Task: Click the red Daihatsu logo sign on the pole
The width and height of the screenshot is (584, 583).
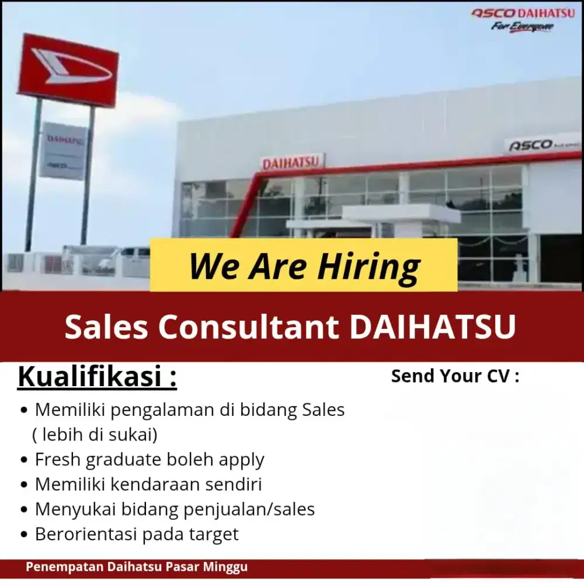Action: click(68, 70)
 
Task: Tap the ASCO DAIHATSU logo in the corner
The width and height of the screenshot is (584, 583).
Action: click(523, 13)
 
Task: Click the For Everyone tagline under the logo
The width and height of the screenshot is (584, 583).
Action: click(522, 27)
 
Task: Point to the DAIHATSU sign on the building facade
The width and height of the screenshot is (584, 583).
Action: click(292, 162)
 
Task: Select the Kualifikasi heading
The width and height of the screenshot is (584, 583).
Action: click(97, 377)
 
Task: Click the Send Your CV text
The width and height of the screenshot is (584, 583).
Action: click(455, 376)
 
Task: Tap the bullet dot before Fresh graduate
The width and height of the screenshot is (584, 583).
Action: click(23, 460)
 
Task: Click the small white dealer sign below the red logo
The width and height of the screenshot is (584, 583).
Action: click(63, 150)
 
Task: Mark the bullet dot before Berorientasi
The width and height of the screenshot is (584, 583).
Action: click(23, 535)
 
